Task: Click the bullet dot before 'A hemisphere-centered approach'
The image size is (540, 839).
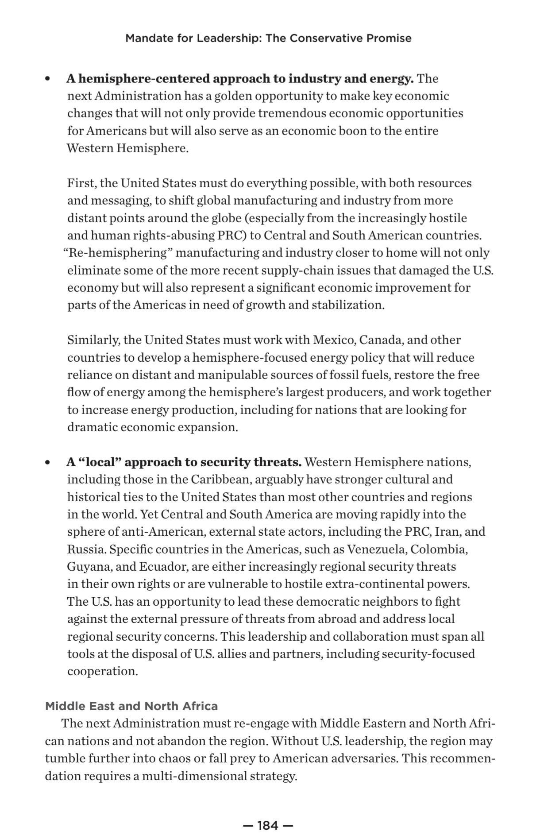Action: point(48,79)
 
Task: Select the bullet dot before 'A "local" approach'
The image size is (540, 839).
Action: point(48,463)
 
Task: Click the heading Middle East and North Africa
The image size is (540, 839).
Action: point(131,706)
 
